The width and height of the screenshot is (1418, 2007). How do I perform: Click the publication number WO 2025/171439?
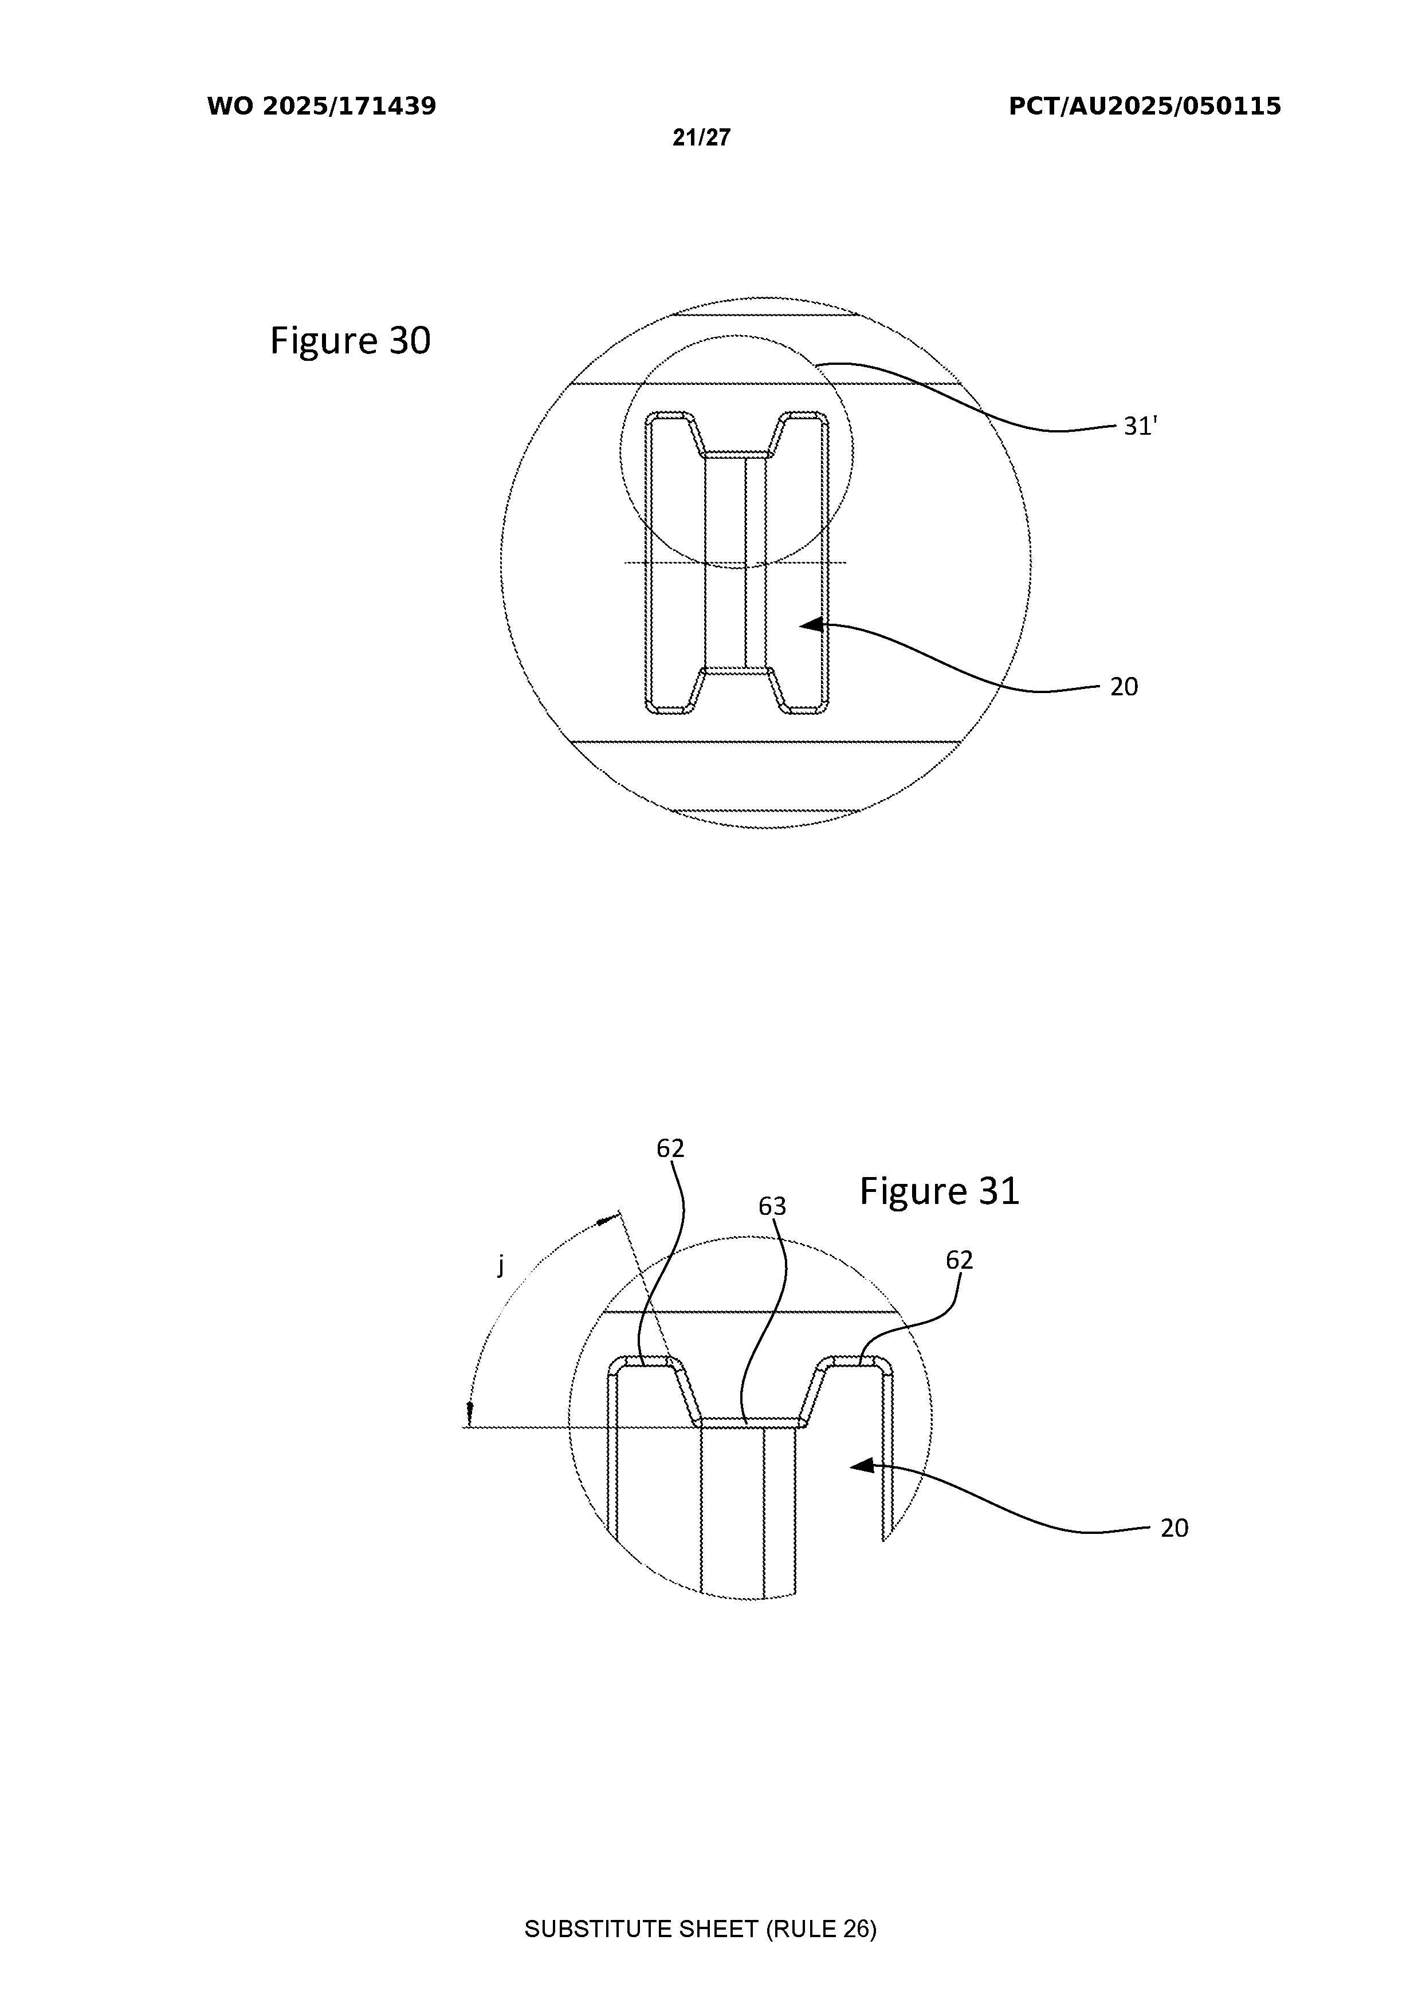[x=322, y=107]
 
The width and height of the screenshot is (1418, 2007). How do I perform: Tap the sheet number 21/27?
[x=701, y=137]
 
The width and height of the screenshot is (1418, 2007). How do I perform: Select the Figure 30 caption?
[x=351, y=340]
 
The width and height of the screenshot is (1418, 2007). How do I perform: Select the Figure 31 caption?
[x=940, y=1191]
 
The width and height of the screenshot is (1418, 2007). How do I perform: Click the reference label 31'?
[x=1140, y=427]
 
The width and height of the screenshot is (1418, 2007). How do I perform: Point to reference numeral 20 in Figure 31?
[x=1174, y=1528]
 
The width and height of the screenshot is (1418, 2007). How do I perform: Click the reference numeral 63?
[x=772, y=1206]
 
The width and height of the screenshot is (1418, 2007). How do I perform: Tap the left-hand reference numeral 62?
[x=670, y=1148]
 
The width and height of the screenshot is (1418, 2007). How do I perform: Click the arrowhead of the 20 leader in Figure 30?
[x=813, y=624]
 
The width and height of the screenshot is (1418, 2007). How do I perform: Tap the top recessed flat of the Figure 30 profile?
[x=736, y=455]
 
